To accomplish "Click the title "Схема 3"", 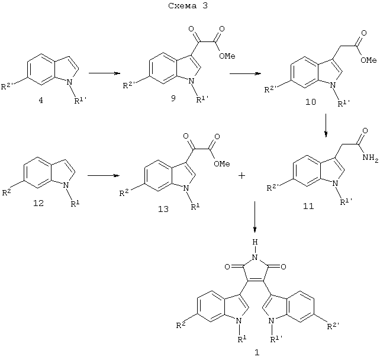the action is [188, 6].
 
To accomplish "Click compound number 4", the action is [41, 100].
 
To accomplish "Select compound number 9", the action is [173, 98].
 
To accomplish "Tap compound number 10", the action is [310, 102].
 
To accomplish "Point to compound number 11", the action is [308, 206].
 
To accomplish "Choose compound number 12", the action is [38, 203].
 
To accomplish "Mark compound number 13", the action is [163, 209].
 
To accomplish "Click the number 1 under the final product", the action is [257, 352].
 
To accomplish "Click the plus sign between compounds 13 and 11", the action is [241, 175].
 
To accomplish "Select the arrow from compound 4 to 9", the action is [105, 73].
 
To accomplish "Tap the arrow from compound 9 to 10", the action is [245, 73].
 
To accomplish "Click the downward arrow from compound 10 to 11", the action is [326, 126].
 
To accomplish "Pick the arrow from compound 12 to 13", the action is [104, 175].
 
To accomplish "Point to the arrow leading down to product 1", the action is [255, 217].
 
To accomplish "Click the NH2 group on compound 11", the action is [371, 158].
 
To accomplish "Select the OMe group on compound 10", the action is [368, 60].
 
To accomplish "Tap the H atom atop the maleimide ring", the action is [255, 242].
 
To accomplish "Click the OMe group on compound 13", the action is [222, 164].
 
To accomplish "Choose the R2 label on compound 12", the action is [7, 192].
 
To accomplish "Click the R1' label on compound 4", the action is [80, 100].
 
